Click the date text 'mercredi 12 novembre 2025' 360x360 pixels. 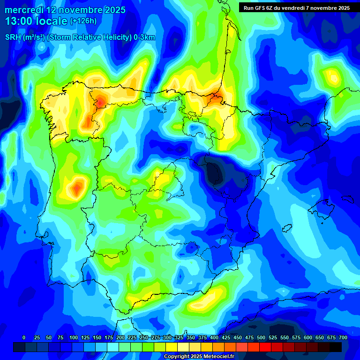[x=65, y=10]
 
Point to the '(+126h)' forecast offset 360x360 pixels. [x=84, y=21]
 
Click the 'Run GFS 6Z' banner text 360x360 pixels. [x=265, y=8]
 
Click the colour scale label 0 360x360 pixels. [x=24, y=337]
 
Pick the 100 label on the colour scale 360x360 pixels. [x=73, y=337]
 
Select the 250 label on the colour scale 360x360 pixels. [x=143, y=337]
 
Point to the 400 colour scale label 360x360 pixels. [x=214, y=337]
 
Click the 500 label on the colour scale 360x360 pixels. [x=261, y=337]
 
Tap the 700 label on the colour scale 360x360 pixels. [x=343, y=337]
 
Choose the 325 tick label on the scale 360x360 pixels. [x=179, y=337]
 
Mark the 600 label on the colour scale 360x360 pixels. [x=308, y=337]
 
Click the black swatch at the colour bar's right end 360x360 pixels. [x=336, y=347]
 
